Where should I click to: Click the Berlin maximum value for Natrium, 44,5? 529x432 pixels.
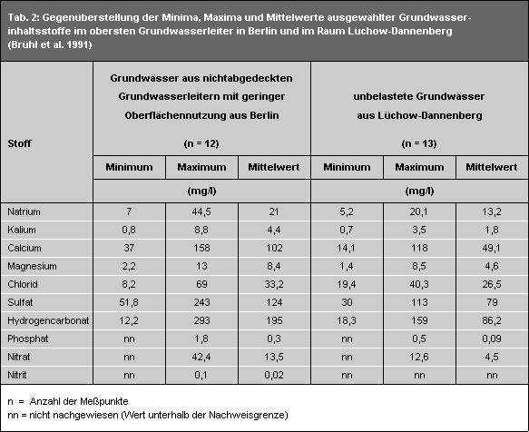tap(201, 211)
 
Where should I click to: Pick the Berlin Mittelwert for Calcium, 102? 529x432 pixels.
tap(274, 246)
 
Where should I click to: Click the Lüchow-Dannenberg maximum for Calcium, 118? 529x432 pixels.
tap(419, 246)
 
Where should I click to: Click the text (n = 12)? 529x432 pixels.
tap(201, 143)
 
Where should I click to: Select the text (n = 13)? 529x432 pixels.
tap(418, 143)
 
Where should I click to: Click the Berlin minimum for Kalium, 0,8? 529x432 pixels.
tap(129, 229)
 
